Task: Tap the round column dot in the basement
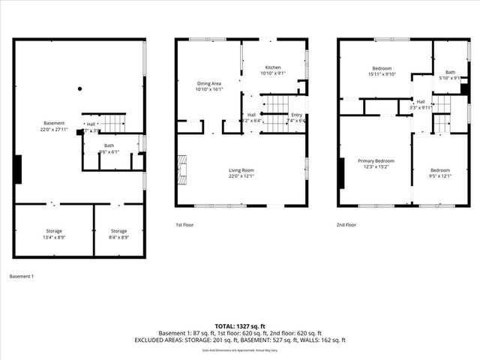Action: (x=79, y=88)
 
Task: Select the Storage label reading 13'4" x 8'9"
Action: (x=54, y=234)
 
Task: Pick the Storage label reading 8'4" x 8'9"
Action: (x=119, y=234)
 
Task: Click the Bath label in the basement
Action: (x=109, y=148)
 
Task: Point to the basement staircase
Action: (x=112, y=122)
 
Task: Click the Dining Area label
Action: (x=209, y=86)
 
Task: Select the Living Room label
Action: (x=241, y=173)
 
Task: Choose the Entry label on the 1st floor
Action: (x=297, y=118)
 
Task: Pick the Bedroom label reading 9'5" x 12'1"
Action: (x=440, y=173)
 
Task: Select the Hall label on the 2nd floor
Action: (x=421, y=104)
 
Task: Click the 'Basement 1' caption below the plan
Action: (x=22, y=277)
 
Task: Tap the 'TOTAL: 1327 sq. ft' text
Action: (x=240, y=326)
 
